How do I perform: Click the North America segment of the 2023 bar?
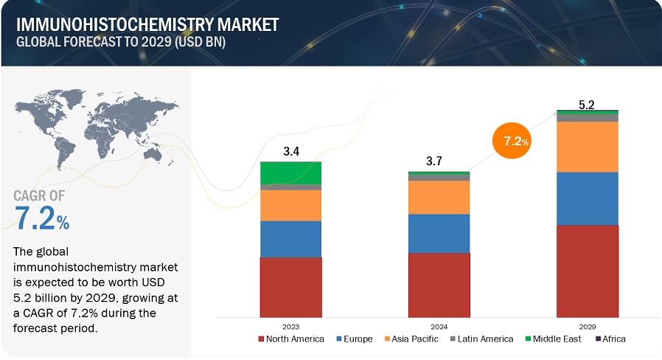pos(290,287)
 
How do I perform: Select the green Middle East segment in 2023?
pos(290,173)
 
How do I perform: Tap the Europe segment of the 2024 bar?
pos(439,233)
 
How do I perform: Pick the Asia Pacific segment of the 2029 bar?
pos(587,147)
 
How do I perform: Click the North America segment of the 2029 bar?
pos(587,271)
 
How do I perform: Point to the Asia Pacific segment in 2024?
pos(439,197)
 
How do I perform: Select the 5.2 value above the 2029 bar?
pos(587,105)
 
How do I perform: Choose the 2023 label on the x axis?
pos(290,325)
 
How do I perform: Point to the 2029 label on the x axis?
pos(587,325)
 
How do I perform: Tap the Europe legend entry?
pos(358,339)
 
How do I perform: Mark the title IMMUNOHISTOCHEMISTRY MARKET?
pos(147,24)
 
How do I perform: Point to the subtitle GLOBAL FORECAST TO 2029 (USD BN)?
pos(121,42)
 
